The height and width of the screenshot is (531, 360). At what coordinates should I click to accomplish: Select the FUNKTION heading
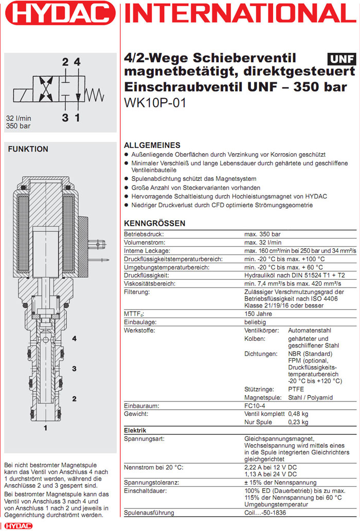click(x=28, y=149)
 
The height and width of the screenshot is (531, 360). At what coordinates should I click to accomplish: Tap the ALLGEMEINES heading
click(x=152, y=145)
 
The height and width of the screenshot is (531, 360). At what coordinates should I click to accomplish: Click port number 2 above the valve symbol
click(x=65, y=62)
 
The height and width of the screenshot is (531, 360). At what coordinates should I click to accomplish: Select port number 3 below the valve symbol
click(x=65, y=118)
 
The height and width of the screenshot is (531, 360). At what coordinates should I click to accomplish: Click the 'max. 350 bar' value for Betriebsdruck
click(x=263, y=234)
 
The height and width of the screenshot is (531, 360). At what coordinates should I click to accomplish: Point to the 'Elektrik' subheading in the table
click(x=135, y=430)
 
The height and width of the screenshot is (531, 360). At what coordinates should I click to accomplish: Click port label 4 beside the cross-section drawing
click(x=74, y=339)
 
